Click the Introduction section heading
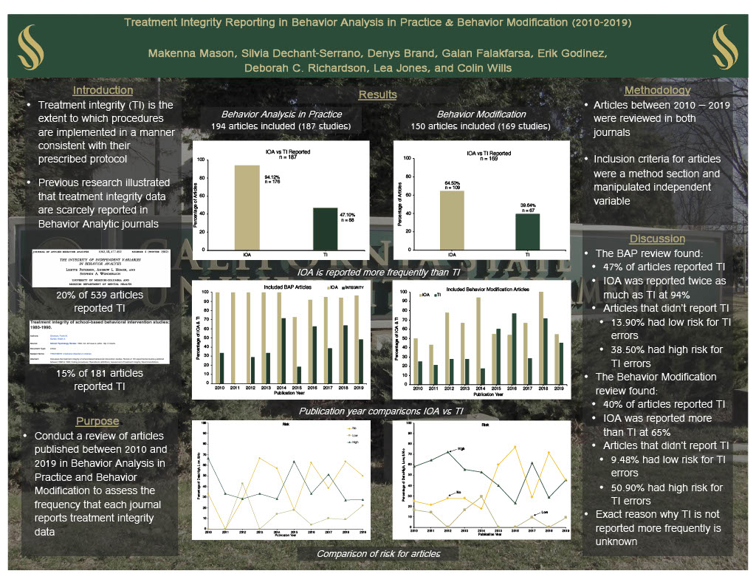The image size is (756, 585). click(103, 91)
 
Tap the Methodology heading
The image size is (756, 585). click(656, 91)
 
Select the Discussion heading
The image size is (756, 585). click(657, 239)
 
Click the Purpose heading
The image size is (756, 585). click(97, 421)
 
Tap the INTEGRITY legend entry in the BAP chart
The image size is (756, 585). click(351, 287)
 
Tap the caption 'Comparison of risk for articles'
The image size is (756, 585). click(378, 554)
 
